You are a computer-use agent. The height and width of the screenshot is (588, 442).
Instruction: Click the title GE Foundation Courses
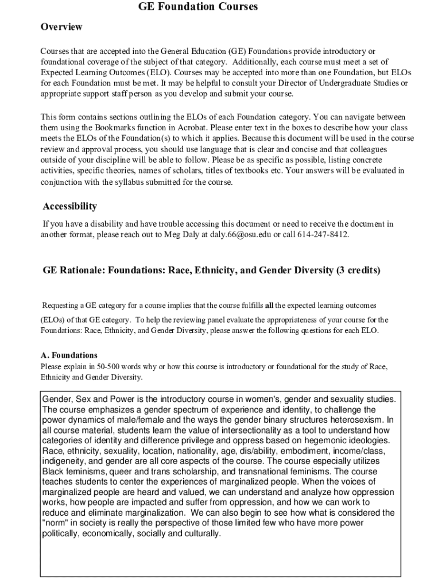(x=198, y=7)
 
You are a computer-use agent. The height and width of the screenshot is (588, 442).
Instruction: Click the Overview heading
(x=61, y=27)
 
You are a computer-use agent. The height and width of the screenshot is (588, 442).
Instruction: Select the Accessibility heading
(x=70, y=206)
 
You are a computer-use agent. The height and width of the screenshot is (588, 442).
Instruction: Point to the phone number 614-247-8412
(x=323, y=234)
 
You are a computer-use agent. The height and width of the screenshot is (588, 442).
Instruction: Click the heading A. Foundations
(x=69, y=355)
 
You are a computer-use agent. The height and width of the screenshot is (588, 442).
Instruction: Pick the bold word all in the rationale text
(x=269, y=304)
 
